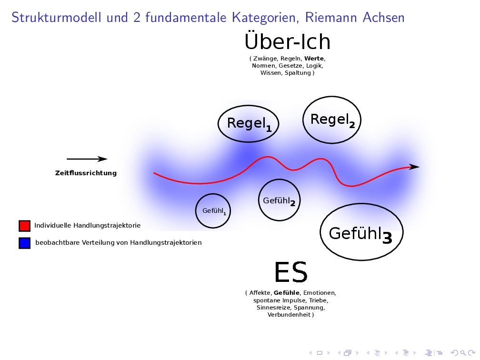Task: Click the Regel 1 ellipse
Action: tap(248, 123)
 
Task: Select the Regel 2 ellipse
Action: tap(332, 120)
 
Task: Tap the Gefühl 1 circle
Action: tap(213, 210)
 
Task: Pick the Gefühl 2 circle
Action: tap(279, 200)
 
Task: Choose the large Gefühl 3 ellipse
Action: tap(361, 233)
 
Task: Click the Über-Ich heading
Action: tap(287, 42)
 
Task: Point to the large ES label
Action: tap(291, 272)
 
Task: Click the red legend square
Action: tap(25, 225)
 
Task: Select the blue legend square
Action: tap(25, 242)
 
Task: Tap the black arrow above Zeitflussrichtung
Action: tap(87, 159)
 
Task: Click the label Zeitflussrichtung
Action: tap(86, 173)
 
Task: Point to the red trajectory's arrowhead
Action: tap(414, 166)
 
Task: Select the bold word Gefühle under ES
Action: tap(287, 292)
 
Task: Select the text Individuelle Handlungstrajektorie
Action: tap(87, 225)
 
